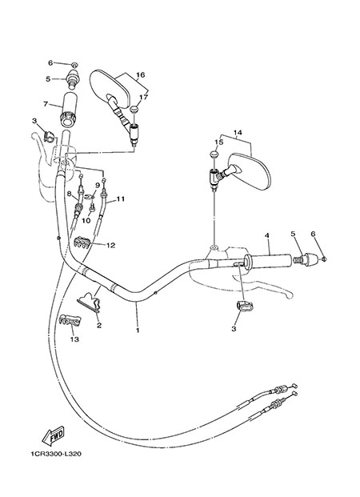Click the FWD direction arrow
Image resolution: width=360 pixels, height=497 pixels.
tap(53, 435)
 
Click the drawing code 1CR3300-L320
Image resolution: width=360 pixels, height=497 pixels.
tap(56, 454)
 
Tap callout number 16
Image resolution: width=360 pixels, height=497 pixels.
tap(140, 74)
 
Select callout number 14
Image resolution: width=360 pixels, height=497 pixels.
tap(238, 132)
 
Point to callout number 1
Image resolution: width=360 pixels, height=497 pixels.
tap(138, 330)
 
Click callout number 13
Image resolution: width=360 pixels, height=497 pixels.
tap(74, 339)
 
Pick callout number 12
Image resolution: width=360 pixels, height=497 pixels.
tap(110, 246)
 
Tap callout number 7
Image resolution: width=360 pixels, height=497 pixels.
tap(46, 104)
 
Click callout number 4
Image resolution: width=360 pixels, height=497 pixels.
tap(267, 235)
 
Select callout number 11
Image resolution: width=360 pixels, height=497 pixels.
tap(121, 199)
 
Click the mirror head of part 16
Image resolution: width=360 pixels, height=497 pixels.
tap(110, 90)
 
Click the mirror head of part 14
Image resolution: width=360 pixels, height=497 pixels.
tap(249, 171)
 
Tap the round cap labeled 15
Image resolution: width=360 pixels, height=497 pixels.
tap(214, 155)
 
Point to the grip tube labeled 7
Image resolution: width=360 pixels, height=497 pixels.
tap(67, 109)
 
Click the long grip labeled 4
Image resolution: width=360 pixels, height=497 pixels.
tap(267, 260)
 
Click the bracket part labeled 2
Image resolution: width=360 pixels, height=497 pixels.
tap(90, 303)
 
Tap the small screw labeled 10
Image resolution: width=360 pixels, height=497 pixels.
tap(93, 207)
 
